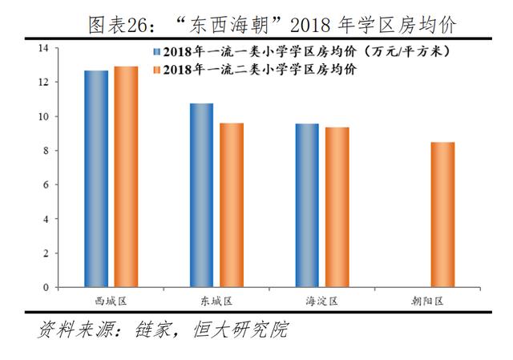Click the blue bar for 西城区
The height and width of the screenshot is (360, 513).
point(96,179)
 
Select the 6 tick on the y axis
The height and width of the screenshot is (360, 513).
point(44,185)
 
